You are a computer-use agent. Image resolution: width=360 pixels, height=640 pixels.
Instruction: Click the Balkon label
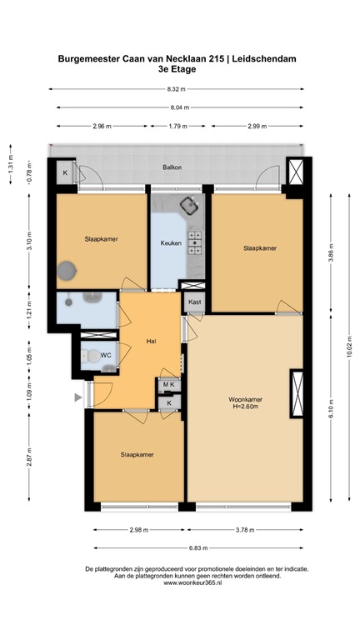(172, 167)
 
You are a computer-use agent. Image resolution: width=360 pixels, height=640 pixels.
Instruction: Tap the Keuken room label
(172, 243)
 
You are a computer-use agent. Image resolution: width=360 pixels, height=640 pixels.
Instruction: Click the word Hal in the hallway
(151, 341)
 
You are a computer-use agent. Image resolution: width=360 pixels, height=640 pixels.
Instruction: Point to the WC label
(106, 355)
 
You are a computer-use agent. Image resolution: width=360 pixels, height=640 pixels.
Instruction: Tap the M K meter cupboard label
(169, 384)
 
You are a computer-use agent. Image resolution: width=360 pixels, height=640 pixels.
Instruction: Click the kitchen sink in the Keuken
(191, 204)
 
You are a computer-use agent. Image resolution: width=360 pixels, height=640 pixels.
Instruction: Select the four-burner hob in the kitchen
(195, 242)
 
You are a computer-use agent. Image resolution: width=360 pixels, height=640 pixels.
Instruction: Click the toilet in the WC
(89, 356)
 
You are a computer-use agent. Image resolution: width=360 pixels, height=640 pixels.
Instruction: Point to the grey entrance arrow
(79, 398)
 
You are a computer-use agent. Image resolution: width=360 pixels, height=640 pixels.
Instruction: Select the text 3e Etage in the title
(177, 69)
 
